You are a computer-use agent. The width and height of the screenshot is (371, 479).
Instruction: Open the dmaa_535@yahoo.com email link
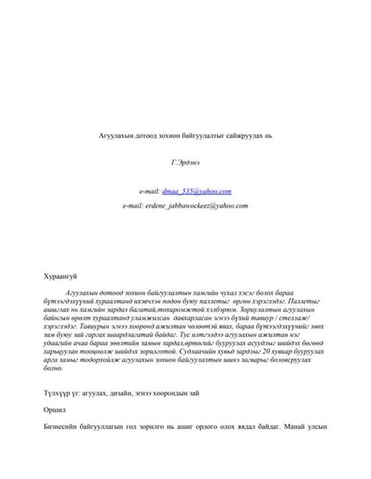pos(197,190)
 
